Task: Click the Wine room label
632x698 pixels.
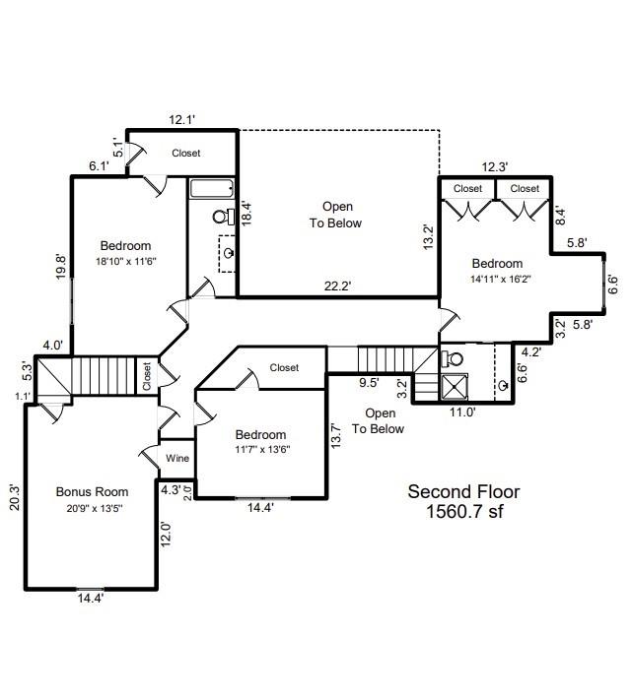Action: (x=178, y=458)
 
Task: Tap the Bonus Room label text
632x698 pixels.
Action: (x=92, y=491)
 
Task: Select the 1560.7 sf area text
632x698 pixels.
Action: (x=463, y=512)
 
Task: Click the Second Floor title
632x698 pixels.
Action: (x=463, y=491)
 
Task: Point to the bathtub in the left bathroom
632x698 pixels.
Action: (x=211, y=189)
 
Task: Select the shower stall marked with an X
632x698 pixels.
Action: (x=456, y=385)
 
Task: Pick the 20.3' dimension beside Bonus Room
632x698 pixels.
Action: (x=14, y=496)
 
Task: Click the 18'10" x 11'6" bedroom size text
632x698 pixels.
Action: (x=125, y=261)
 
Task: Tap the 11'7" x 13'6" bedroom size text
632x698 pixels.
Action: (x=260, y=449)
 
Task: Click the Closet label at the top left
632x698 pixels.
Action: (x=186, y=153)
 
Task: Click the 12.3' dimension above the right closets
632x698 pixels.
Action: (x=494, y=167)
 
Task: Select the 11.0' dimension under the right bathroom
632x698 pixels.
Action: (x=461, y=412)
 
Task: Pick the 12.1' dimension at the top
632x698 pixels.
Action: (x=181, y=120)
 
